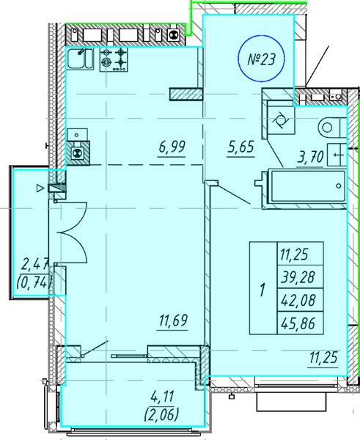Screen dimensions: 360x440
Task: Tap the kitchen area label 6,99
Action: click(172, 147)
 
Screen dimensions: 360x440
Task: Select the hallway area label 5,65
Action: click(240, 147)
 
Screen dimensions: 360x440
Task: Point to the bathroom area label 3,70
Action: click(311, 157)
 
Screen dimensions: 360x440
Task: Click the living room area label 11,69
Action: click(173, 320)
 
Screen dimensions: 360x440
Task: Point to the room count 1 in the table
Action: click(263, 290)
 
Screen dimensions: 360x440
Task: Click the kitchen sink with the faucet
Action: click(79, 59)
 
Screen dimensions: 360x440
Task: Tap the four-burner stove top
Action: click(114, 59)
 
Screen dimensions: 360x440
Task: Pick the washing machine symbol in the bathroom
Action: click(281, 121)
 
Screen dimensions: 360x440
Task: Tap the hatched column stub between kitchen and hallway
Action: click(186, 94)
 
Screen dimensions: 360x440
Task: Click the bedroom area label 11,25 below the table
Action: click(324, 357)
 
